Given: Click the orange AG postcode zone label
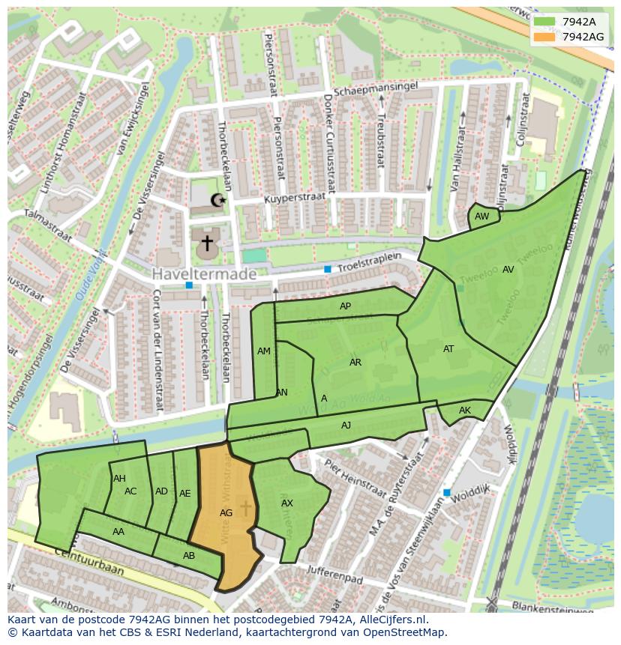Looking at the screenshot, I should [226, 513].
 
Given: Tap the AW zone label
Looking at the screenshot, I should [482, 216].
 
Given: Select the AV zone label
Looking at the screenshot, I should [508, 270].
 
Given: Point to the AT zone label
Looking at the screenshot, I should [448, 349].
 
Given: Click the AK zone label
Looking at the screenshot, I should [465, 411].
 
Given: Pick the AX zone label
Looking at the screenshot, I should [287, 503].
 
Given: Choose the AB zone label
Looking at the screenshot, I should [189, 556].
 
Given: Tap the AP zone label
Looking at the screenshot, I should [345, 306].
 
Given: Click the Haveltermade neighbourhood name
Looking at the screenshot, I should [205, 275].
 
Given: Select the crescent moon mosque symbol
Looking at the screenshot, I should [218, 200].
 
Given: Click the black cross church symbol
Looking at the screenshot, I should [206, 243].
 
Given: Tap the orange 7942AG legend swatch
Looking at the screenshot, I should [544, 37].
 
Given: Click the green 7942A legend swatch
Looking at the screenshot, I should [544, 22].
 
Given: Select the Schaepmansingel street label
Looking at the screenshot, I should [381, 88].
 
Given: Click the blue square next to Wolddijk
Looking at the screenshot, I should [447, 492].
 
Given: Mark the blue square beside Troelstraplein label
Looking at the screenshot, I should [328, 269].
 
